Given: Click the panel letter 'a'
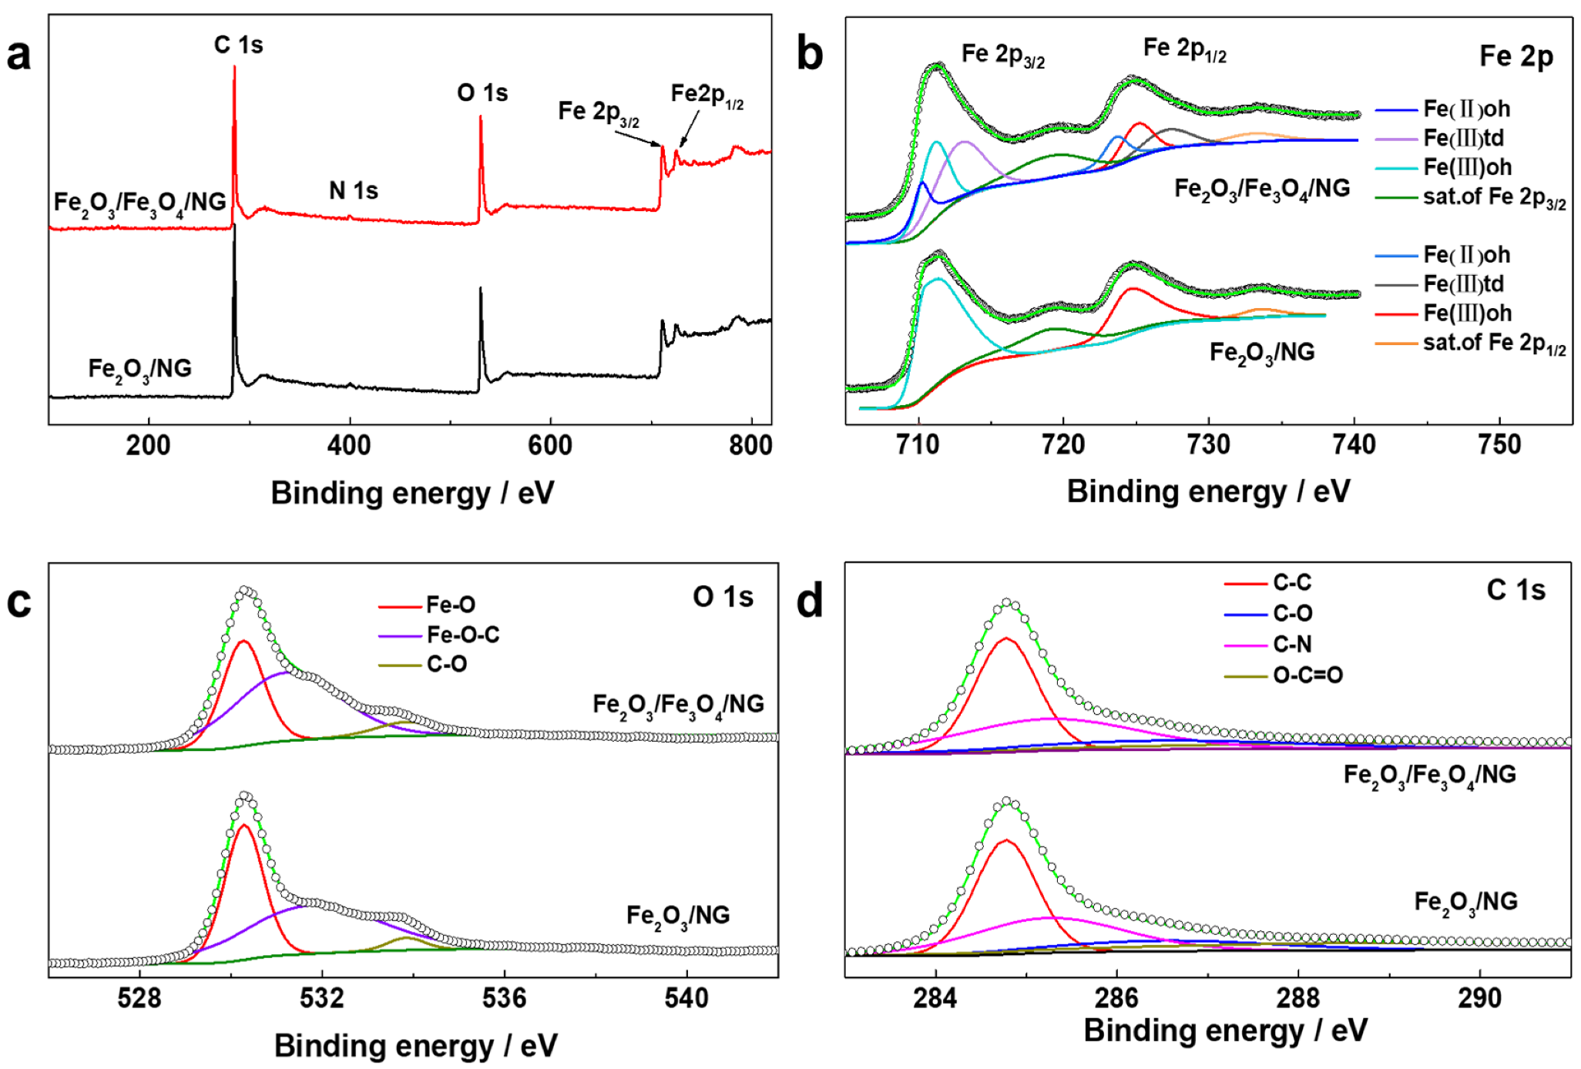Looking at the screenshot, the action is tap(18, 55).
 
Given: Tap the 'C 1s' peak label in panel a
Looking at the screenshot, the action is tap(238, 45).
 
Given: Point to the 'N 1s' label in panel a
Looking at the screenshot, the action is tap(354, 190).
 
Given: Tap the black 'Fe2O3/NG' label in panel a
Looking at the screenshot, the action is tap(139, 369).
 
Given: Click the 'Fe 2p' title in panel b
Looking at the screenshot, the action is tap(1516, 56).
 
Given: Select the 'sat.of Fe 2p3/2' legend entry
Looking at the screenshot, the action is tap(1493, 198).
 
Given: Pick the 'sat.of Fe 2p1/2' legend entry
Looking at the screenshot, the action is tap(1493, 343).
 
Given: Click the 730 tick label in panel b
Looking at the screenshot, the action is tap(1209, 444).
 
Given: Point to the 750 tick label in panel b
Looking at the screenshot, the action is tap(1499, 444).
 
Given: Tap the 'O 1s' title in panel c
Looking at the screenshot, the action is tap(723, 597).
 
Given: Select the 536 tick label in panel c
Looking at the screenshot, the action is tap(504, 998).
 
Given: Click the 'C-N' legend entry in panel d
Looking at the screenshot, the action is tap(1292, 644).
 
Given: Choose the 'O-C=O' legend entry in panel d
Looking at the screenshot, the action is tap(1307, 675).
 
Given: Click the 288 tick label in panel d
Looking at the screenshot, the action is tap(1298, 998).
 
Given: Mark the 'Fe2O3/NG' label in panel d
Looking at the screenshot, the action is tap(1465, 902).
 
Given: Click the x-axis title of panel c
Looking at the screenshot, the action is tap(415, 1046).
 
